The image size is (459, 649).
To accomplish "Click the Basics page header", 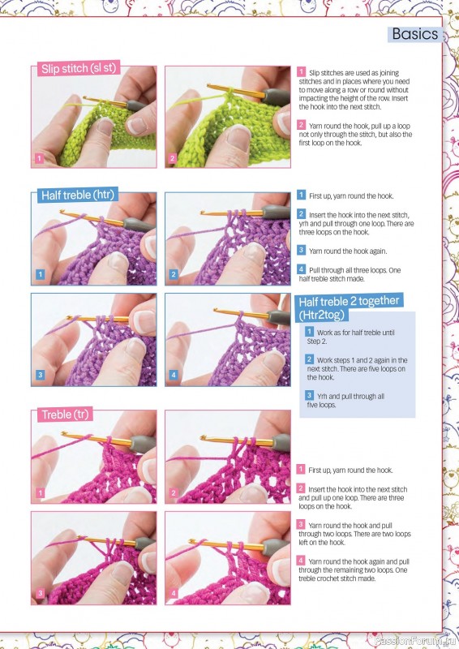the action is coord(415,34).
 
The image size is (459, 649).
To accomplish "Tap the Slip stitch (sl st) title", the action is coord(79,68).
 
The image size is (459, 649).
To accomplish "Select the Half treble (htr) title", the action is coord(77,195).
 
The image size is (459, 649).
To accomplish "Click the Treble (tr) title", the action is coord(65,415).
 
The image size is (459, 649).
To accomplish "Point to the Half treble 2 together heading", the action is coord(349,301).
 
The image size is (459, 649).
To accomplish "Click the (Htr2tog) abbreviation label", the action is coord(322,315).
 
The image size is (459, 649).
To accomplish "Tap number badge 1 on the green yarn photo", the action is coord(39,158).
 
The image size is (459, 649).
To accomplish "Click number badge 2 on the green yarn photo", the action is coord(173,158).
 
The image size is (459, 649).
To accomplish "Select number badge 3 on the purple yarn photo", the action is coord(41,375).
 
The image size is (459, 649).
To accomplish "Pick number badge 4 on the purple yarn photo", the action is coord(174,375).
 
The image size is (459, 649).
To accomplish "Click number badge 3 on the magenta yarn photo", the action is coord(41,593).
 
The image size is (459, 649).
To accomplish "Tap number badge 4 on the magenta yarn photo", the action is coord(174,593).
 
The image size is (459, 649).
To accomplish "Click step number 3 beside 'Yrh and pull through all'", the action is coord(309,395).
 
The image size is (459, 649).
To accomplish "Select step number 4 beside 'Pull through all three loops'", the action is coord(302,269).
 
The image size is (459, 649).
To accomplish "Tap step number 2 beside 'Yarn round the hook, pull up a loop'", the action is coord(302,125).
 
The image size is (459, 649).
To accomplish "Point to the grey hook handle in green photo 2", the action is coord(275,97).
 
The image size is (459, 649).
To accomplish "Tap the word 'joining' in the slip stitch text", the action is coord(389,73).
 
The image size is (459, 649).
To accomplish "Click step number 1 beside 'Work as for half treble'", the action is coord(309,332).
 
